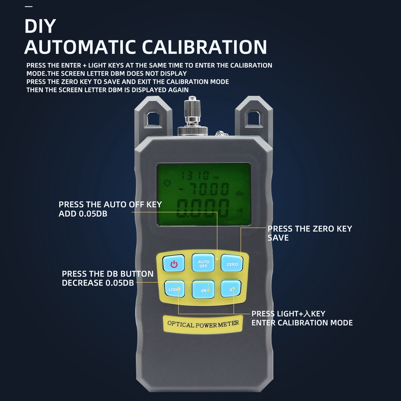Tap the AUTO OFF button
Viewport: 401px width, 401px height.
click(x=203, y=263)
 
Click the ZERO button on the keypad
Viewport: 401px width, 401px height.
click(x=232, y=263)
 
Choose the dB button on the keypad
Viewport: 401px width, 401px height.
click(x=203, y=290)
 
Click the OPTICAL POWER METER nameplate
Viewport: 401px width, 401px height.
click(x=203, y=324)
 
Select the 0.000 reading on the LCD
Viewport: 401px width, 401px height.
click(x=202, y=209)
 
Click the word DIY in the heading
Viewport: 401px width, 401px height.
click(x=40, y=26)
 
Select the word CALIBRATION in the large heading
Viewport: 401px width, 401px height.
click(x=204, y=47)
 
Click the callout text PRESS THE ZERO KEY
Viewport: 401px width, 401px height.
click(x=309, y=229)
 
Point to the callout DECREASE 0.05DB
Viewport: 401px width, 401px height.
click(x=98, y=283)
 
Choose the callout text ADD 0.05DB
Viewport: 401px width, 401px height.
click(x=83, y=214)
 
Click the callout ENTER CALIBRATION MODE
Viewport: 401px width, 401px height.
click(x=302, y=323)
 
